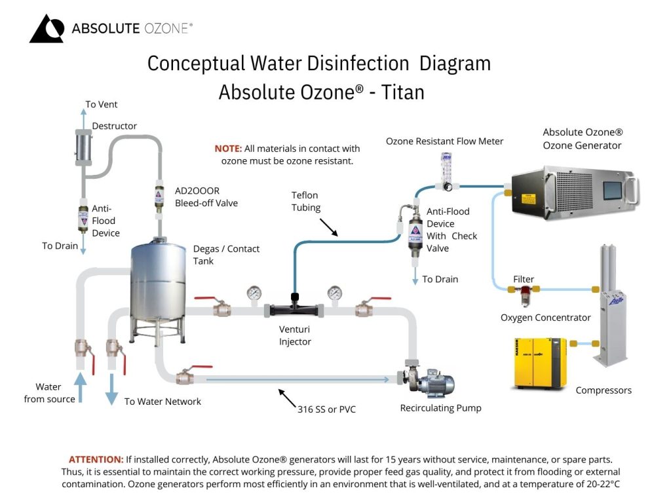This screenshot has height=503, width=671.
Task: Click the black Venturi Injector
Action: coord(295,308)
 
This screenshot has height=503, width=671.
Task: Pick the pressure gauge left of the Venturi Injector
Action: coord(254,293)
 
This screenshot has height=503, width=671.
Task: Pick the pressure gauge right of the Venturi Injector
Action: coord(335,293)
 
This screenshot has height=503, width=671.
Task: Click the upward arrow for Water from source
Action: coord(80,387)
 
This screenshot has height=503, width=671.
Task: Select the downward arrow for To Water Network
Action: coord(111,389)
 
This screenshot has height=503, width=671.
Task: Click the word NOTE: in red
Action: coord(228,149)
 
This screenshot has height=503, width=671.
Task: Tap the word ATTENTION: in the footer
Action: coord(96,460)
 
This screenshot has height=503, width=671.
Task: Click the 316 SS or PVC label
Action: coord(327,409)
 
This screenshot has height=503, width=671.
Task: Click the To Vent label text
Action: coord(102,104)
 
